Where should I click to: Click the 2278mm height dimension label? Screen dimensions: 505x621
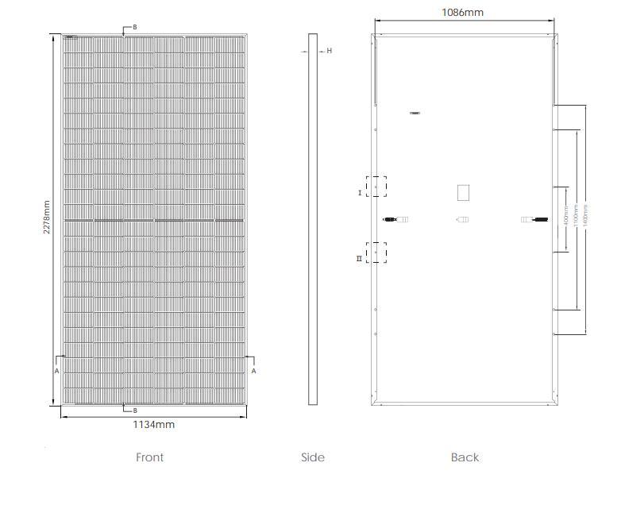[46, 217]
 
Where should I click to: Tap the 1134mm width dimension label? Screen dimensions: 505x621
[153, 425]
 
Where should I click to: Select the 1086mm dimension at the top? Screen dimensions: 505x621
[462, 13]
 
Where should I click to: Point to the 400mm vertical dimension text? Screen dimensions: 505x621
[565, 216]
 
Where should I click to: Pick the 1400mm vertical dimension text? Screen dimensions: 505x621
[586, 216]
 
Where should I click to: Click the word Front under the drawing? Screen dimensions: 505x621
[149, 457]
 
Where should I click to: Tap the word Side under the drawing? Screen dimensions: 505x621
[313, 457]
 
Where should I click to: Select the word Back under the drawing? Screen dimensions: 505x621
[465, 457]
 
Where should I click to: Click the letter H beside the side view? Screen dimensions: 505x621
[329, 51]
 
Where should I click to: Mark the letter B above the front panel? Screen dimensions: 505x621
[134, 27]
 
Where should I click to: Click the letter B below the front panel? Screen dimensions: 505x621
[134, 411]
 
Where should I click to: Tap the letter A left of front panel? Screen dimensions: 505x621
[56, 371]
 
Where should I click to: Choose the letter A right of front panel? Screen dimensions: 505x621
[253, 371]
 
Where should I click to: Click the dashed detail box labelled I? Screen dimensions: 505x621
[375, 187]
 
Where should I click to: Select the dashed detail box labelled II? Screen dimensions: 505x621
[375, 252]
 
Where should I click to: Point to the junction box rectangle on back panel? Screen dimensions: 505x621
[463, 192]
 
